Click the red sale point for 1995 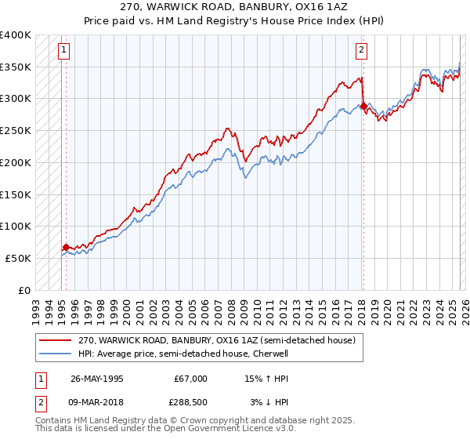[66, 247]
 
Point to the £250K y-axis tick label [16, 130]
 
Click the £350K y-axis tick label [16, 67]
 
